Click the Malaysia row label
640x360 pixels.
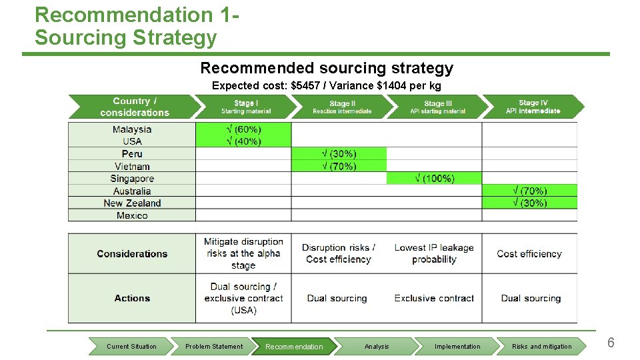click(132, 129)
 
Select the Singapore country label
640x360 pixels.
click(132, 179)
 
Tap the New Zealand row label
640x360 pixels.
click(132, 203)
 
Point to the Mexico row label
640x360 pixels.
click(132, 215)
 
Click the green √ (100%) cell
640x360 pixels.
click(434, 179)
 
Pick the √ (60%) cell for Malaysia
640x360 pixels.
click(243, 129)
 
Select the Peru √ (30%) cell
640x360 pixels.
click(339, 154)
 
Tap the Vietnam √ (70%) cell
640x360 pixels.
click(339, 167)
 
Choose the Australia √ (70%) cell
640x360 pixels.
click(529, 191)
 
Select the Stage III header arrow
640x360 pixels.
click(437, 107)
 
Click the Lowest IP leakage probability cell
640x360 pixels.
click(434, 253)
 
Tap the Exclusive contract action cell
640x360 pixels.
click(434, 298)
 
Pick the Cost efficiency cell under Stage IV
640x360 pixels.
click(529, 253)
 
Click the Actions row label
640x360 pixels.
click(132, 298)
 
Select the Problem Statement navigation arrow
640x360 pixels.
click(213, 346)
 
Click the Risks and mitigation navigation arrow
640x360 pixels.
click(541, 346)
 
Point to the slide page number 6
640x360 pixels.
click(611, 343)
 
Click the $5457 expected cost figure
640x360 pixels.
click(307, 86)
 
